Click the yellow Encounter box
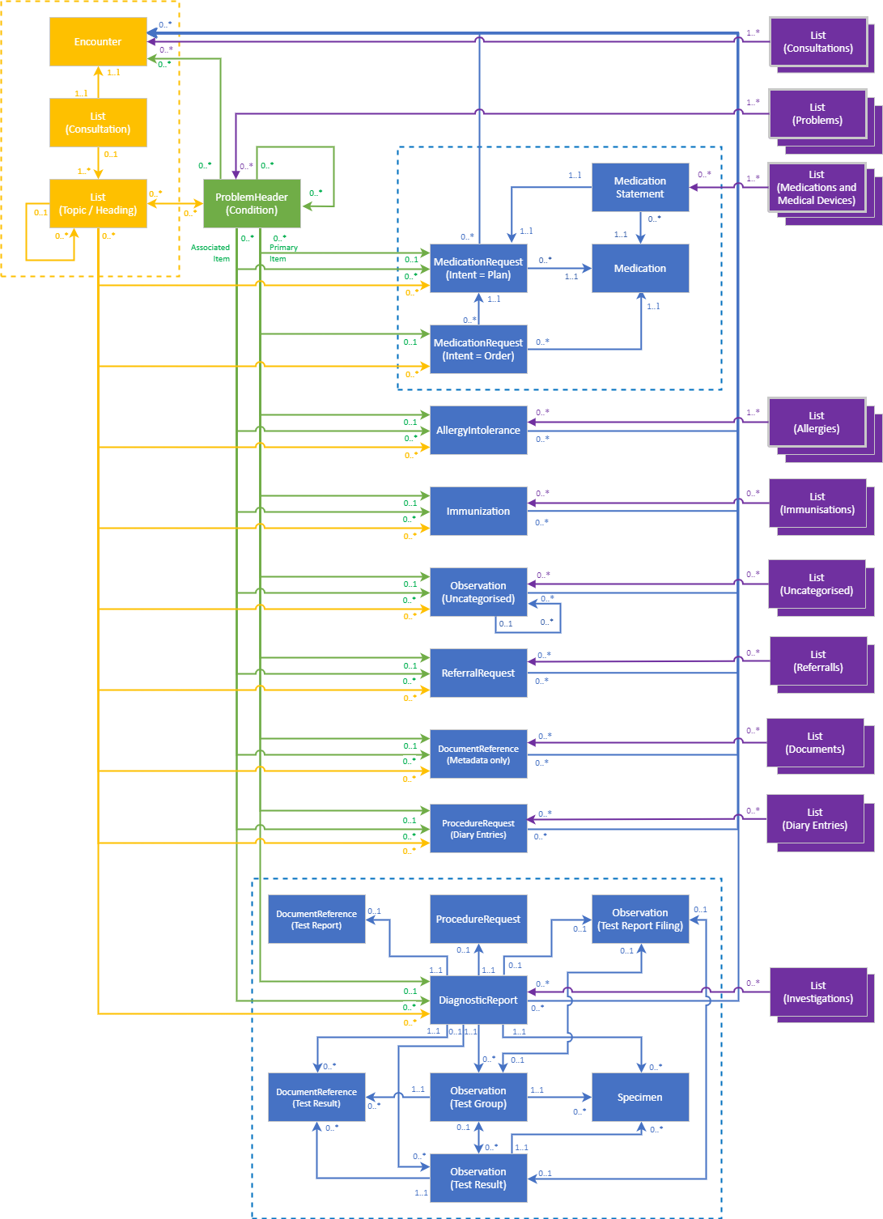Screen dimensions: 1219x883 point(98,42)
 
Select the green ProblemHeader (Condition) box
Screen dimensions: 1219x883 point(252,204)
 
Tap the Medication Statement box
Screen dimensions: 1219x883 point(640,188)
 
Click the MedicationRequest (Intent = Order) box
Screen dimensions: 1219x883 point(478,350)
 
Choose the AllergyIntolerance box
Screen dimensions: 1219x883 point(478,431)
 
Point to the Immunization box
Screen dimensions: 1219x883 point(478,512)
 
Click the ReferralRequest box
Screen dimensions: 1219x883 point(478,673)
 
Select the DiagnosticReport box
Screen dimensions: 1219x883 point(478,1000)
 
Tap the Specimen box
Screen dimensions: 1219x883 point(640,1098)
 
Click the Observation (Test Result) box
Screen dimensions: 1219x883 point(478,1179)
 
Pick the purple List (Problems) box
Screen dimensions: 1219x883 point(817,114)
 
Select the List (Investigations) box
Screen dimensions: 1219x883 point(818,992)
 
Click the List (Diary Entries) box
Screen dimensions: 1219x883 point(815,819)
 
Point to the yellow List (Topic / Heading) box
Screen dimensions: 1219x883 point(98,204)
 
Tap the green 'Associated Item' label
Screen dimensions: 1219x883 point(210,253)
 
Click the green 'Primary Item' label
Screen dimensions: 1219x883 point(283,253)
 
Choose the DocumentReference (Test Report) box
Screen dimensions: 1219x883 point(316,920)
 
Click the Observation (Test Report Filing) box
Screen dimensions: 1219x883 point(640,920)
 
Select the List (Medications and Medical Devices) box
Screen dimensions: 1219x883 point(817,188)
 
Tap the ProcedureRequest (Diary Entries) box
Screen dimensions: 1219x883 point(478,829)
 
